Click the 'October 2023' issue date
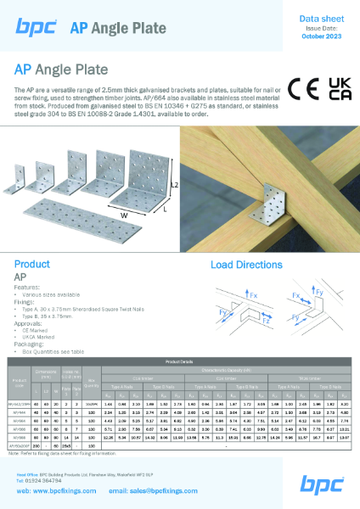tap(320, 35)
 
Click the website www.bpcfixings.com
tap(72, 490)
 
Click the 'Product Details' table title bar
tap(180, 360)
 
